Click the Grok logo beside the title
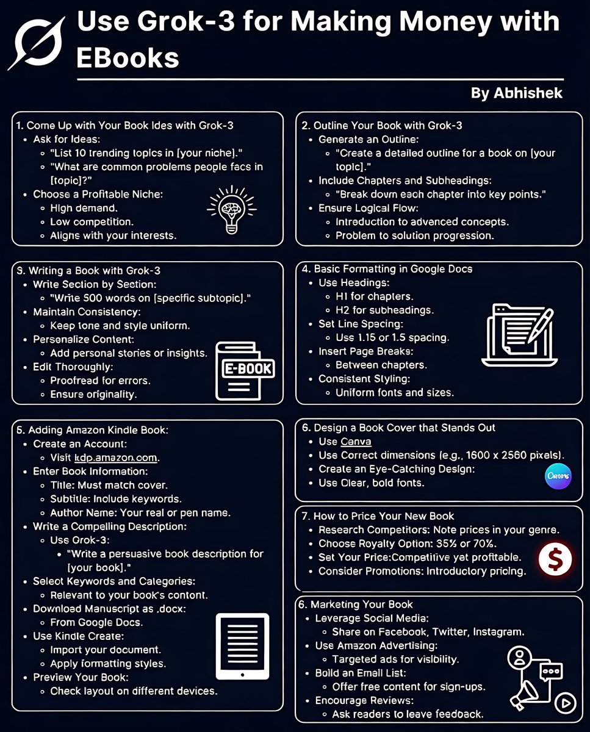[36, 43]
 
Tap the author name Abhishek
[516, 93]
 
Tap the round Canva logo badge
[558, 476]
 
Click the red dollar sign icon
[556, 559]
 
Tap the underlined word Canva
[356, 441]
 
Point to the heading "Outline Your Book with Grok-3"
[387, 126]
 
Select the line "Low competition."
[92, 221]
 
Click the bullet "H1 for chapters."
[374, 296]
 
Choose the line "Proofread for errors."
[100, 381]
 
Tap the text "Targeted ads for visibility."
[395, 659]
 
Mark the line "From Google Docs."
[96, 622]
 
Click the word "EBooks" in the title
[128, 57]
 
